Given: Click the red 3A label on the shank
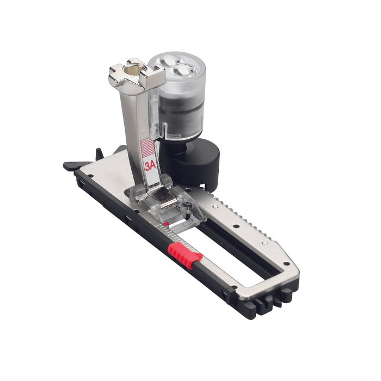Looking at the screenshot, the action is [150, 166].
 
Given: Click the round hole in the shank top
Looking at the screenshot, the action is [133, 70].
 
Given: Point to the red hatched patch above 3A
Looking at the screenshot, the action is [148, 148].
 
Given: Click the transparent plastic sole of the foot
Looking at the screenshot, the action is [168, 206].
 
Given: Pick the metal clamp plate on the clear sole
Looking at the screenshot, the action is [163, 198].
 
